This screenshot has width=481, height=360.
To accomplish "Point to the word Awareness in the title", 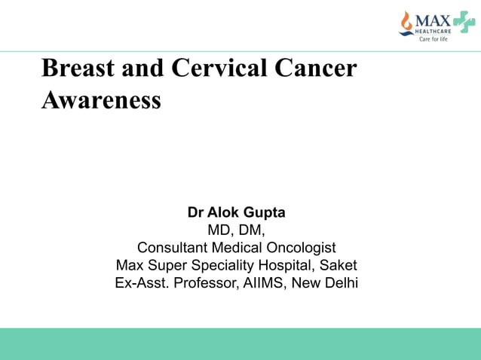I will [x=101, y=100].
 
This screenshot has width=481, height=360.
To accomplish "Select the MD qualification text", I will [x=222, y=230].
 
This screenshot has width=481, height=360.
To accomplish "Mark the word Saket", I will [x=339, y=265].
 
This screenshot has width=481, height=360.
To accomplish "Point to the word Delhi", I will [x=340, y=283].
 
